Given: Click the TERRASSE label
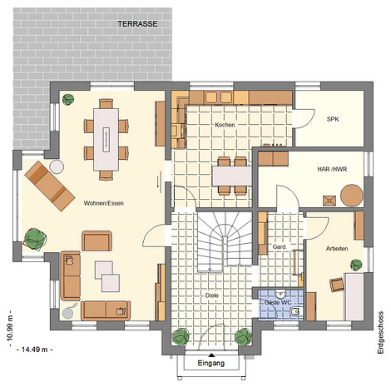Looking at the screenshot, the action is [x=137, y=24].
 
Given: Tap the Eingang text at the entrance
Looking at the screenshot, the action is [x=211, y=363].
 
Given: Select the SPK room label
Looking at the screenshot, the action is [x=333, y=119].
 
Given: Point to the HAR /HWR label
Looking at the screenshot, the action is [x=332, y=169].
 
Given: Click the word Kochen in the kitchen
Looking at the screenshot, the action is [x=225, y=125].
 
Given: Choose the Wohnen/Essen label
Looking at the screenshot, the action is [x=103, y=203].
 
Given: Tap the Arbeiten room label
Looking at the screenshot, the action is [x=337, y=249].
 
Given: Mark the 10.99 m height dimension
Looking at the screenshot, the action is [x=11, y=328].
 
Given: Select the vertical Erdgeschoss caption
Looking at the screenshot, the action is [x=380, y=333].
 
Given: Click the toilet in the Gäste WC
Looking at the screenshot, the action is [x=296, y=312].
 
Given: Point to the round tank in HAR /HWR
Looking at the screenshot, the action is [x=352, y=196].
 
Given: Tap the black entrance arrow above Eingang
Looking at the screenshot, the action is [x=211, y=355].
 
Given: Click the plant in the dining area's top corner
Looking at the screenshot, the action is [x=68, y=100].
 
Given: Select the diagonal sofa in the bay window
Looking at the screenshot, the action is [x=50, y=186].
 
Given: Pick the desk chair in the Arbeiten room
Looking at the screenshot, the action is [x=337, y=285].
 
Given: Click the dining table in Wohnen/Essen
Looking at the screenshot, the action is [x=106, y=139].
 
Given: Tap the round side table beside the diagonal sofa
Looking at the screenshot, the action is [x=57, y=166].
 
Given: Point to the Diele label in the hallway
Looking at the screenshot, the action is [x=212, y=295].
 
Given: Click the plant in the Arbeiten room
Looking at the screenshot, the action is [x=356, y=265].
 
